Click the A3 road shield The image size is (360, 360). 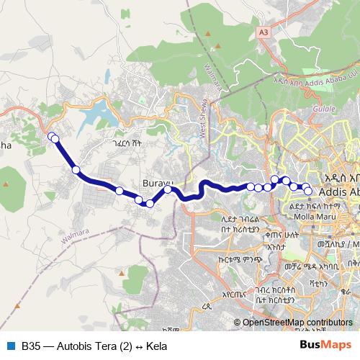264,32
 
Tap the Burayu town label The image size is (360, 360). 158,184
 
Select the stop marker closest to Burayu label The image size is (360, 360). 167,190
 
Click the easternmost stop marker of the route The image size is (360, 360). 308,191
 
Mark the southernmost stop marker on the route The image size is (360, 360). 150,204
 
